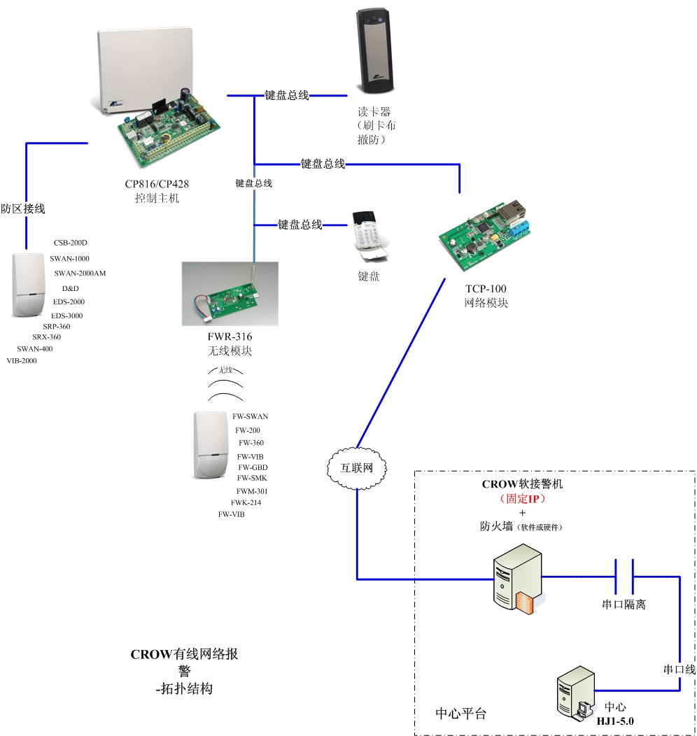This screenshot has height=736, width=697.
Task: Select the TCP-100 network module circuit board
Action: pyautogui.click(x=482, y=235)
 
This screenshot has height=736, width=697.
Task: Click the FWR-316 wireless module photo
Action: pyautogui.click(x=230, y=293)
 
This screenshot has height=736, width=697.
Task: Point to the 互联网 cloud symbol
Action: pyautogui.click(x=356, y=468)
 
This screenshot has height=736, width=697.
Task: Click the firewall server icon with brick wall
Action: pyautogui.click(x=519, y=581)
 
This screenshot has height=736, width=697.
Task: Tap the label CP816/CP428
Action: pyautogui.click(x=157, y=184)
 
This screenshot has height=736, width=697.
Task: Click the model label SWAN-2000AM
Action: pyautogui.click(x=80, y=274)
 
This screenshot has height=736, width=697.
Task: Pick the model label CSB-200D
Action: pyautogui.click(x=70, y=243)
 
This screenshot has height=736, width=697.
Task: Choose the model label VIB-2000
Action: pyautogui.click(x=21, y=361)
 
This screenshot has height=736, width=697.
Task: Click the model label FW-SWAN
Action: pyautogui.click(x=250, y=416)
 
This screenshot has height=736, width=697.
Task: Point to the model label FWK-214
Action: pyautogui.click(x=246, y=502)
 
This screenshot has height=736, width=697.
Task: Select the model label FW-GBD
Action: pyautogui.click(x=253, y=467)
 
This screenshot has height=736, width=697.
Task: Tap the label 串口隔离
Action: pyautogui.click(x=624, y=604)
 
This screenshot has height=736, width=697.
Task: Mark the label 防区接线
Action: pyautogui.click(x=23, y=208)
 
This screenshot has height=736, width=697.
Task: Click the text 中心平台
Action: pyautogui.click(x=460, y=714)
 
